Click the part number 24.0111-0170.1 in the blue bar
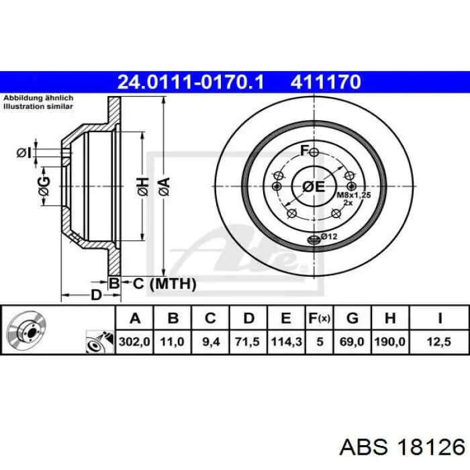[x=191, y=82]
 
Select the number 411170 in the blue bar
[x=326, y=82]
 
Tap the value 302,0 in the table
[x=134, y=342]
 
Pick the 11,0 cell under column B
[x=172, y=342]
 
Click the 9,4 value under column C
[x=211, y=342]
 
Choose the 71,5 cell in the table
[x=248, y=342]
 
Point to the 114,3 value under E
[x=286, y=342]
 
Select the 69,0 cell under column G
[x=352, y=342]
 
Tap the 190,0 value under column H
[x=390, y=342]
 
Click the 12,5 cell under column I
[x=439, y=342]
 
